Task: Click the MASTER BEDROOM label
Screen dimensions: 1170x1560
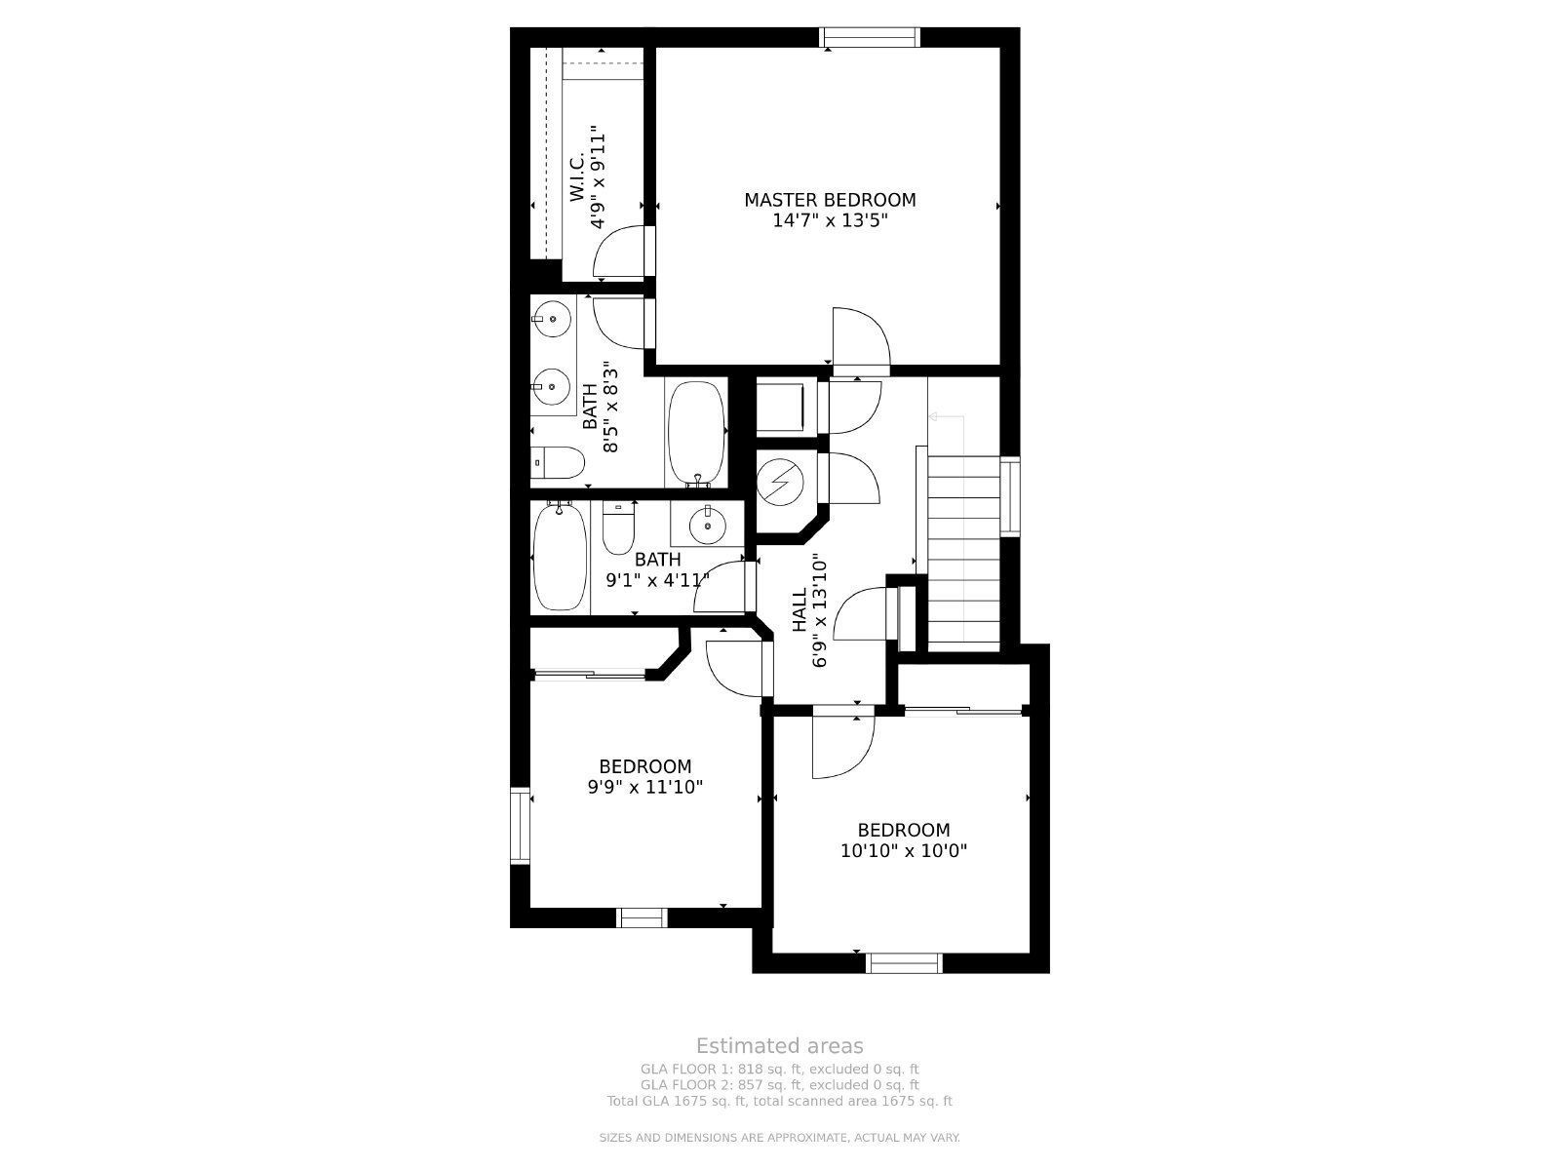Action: [x=830, y=200]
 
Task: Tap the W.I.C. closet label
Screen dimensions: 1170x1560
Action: [x=576, y=175]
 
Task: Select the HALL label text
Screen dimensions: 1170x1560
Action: [x=799, y=610]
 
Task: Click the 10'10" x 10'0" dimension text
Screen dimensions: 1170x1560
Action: [x=903, y=850]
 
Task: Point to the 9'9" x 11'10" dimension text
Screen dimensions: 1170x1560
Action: [x=644, y=787]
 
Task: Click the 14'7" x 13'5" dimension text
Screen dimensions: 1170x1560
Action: [x=830, y=221]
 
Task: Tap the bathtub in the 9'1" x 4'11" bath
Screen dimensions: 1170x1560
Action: [x=560, y=557]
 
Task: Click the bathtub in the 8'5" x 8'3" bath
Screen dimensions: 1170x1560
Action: [x=696, y=433]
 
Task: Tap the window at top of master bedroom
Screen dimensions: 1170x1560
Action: [x=870, y=37]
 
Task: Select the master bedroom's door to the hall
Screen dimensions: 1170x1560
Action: [x=861, y=340]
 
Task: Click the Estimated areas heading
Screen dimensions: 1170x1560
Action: [x=779, y=1046]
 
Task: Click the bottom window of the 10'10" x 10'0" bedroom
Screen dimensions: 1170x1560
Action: [x=904, y=963]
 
